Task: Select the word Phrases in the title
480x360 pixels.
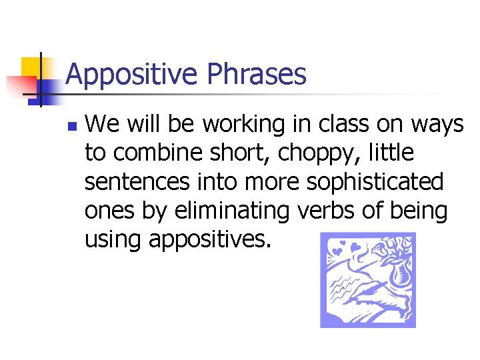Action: [x=257, y=75]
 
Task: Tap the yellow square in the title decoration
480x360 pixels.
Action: [x=33, y=69]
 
